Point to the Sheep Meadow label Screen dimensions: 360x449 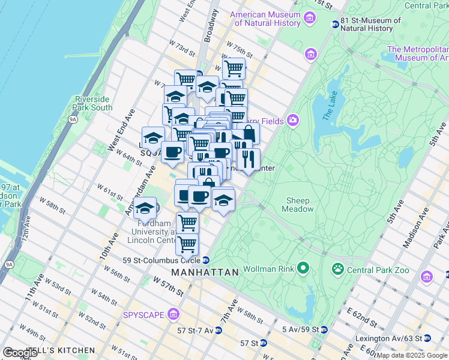298,205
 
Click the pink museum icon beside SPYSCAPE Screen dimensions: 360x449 173,314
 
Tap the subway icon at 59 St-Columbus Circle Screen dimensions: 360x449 206,260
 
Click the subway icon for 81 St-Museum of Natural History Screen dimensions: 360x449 335,24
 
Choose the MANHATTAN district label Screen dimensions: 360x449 205,272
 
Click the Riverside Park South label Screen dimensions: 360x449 93,103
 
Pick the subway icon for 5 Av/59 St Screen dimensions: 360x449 324,329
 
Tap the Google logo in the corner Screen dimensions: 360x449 20,353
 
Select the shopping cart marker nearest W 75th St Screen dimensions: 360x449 234,68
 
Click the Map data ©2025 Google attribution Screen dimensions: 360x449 412,355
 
